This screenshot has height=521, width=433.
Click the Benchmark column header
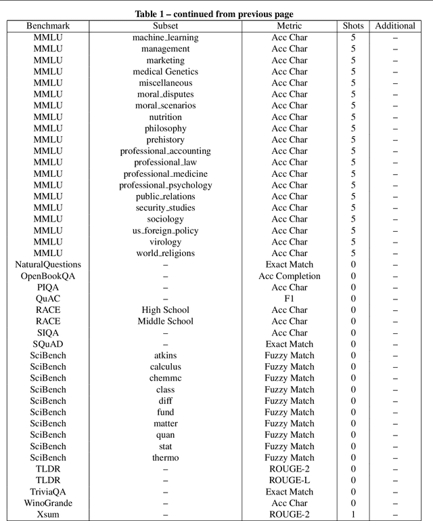48,26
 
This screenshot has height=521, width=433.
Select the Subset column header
166,26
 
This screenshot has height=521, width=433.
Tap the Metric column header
290,26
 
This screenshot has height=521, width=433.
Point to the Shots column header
353,26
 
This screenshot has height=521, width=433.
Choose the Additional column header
395,26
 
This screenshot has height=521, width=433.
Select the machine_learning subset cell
166,37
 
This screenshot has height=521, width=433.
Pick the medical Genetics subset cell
166,71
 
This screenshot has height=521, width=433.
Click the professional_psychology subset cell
166,185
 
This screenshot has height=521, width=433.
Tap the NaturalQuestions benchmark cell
48,265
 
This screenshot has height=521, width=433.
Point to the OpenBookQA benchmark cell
48,276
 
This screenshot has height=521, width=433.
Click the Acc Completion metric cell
290,276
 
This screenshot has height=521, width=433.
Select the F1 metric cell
290,299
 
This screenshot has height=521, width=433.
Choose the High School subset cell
166,310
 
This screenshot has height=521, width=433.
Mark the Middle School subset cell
166,321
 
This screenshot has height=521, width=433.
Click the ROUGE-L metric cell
290,480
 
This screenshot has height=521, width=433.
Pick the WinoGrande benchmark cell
48,503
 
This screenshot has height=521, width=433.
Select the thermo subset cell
166,458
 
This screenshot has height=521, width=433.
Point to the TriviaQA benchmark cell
48,492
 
